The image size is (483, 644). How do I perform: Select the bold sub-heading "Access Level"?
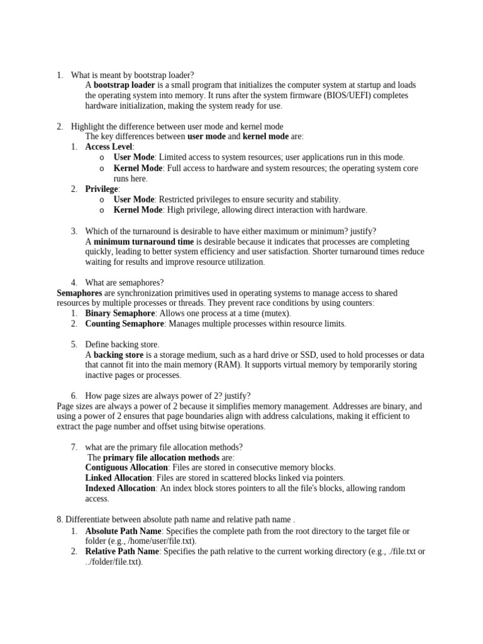click(109, 147)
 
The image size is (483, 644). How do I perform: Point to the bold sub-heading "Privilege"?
click(101, 189)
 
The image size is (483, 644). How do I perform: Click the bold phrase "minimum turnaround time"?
click(143, 241)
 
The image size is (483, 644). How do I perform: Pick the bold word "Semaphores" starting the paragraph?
click(79, 293)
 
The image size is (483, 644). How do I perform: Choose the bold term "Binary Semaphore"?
click(120, 313)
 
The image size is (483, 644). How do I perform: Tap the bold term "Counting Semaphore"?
click(125, 324)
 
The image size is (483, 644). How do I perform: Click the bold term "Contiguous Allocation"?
click(126, 468)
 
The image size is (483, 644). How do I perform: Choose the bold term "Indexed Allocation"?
click(120, 488)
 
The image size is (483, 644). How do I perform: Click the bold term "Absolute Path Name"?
click(122, 531)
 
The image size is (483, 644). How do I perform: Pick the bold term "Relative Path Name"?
click(122, 552)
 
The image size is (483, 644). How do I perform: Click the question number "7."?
click(74, 447)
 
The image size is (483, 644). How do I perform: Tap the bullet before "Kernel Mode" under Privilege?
click(102, 210)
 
